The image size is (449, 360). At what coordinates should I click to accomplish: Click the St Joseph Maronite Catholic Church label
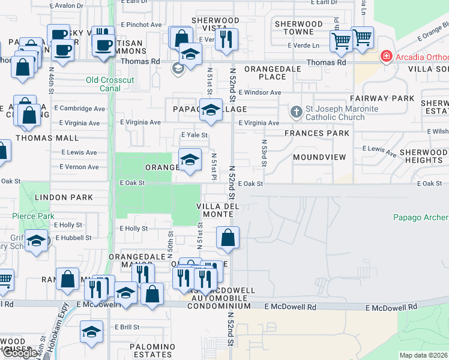coord(342,113)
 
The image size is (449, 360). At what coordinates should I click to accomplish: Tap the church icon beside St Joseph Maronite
coord(296,112)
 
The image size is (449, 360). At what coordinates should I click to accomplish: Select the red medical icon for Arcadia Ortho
coord(387,57)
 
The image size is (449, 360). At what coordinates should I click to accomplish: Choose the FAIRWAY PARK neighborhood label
coord(383,98)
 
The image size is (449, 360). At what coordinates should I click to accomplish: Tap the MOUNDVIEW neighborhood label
coord(320,157)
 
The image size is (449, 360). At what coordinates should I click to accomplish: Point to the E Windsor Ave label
coord(259,92)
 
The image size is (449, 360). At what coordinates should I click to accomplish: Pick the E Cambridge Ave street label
coord(79,109)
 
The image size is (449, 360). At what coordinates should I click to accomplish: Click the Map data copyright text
coord(424,355)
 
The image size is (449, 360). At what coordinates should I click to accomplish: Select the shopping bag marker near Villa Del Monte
coord(228,238)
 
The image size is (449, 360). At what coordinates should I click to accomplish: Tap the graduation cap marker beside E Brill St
coord(91,332)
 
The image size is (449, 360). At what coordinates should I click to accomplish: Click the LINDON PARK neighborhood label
coord(64,197)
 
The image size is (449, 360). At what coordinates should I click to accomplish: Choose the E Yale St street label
coord(193,135)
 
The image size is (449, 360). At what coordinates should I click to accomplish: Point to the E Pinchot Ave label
coord(141,25)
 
